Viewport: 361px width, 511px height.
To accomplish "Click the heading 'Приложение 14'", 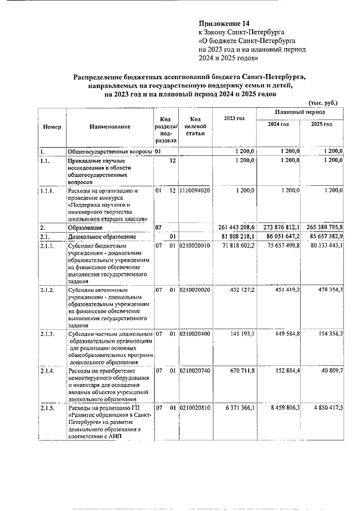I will [x=224, y=24].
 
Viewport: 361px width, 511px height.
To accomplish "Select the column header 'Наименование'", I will [x=109, y=126].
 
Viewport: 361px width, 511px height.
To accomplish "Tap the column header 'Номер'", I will [x=52, y=126].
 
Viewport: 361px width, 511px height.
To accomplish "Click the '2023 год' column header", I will [x=234, y=117].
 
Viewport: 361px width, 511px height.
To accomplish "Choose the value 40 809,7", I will [x=332, y=370].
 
